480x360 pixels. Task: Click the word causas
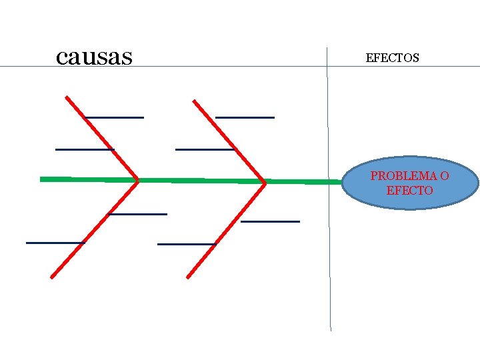pyautogui.click(x=95, y=57)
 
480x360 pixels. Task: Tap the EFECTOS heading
pyautogui.click(x=393, y=58)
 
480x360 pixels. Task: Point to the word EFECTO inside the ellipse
pyautogui.click(x=409, y=191)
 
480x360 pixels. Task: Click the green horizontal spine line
pyautogui.click(x=200, y=180)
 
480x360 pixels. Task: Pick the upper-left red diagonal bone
pyautogui.click(x=101, y=138)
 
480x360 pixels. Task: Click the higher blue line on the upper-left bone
pyautogui.click(x=115, y=117)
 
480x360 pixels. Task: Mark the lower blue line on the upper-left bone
pyautogui.click(x=84, y=149)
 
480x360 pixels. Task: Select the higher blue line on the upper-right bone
pyautogui.click(x=245, y=117)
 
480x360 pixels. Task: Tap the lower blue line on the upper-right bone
pyautogui.click(x=204, y=149)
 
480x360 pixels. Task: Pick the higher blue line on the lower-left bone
pyautogui.click(x=138, y=214)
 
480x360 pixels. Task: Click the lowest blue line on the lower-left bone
pyautogui.click(x=55, y=243)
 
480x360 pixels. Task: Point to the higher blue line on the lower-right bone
pyautogui.click(x=270, y=221)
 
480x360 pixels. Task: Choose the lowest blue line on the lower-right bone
pyautogui.click(x=187, y=244)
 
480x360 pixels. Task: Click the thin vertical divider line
pyautogui.click(x=329, y=267)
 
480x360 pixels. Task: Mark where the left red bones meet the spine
pyautogui.click(x=137, y=180)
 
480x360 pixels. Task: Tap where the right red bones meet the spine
pyautogui.click(x=265, y=181)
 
